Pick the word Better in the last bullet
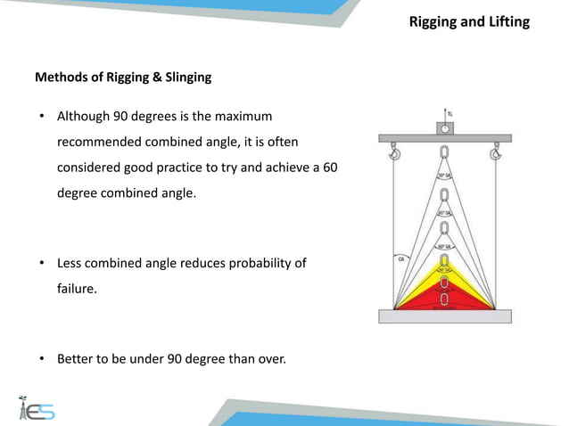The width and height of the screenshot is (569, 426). coord(77,360)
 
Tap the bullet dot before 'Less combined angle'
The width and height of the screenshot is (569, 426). coord(40,264)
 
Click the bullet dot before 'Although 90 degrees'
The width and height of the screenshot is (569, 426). coord(40,118)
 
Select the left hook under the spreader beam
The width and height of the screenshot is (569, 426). coord(393,154)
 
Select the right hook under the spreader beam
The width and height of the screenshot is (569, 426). coord(495,154)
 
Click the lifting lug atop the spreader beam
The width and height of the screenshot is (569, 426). coord(443,127)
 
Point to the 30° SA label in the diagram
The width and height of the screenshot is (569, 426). coord(444,176)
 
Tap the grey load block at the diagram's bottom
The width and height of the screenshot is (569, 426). coord(443,316)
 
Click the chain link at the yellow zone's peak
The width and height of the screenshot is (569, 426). coord(444,259)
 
